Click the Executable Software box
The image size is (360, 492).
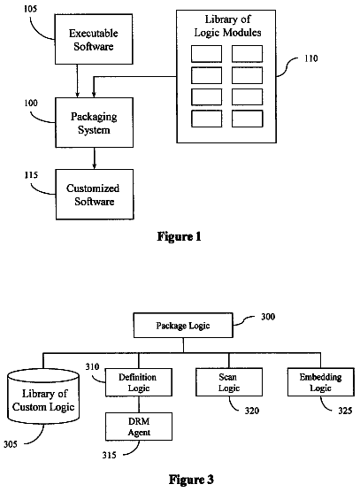pyautogui.click(x=94, y=39)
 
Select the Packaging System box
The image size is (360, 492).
pyautogui.click(x=94, y=122)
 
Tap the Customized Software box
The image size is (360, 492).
pyautogui.click(x=95, y=195)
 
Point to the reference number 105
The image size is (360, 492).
pyautogui.click(x=30, y=9)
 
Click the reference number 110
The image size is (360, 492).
pyautogui.click(x=310, y=58)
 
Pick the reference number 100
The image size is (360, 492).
pyautogui.click(x=31, y=103)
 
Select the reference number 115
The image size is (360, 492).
pyautogui.click(x=31, y=175)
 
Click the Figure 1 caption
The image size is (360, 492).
pyautogui.click(x=179, y=236)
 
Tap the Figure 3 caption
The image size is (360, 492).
pyautogui.click(x=191, y=480)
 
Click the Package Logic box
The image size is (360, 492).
pyautogui.click(x=183, y=326)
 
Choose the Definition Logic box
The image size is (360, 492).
pyautogui.click(x=139, y=382)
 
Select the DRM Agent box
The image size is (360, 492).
pyautogui.click(x=139, y=427)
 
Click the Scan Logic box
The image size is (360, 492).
pyautogui.click(x=229, y=382)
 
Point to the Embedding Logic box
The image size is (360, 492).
pyautogui.click(x=321, y=382)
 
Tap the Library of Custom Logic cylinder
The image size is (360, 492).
pyautogui.click(x=43, y=396)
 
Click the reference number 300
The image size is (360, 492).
pyautogui.click(x=268, y=317)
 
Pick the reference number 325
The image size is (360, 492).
pyautogui.click(x=345, y=411)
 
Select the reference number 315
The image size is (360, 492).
pyautogui.click(x=109, y=455)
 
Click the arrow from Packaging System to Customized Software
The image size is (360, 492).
pyautogui.click(x=94, y=158)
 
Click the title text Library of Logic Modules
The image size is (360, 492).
pyautogui.click(x=227, y=26)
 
